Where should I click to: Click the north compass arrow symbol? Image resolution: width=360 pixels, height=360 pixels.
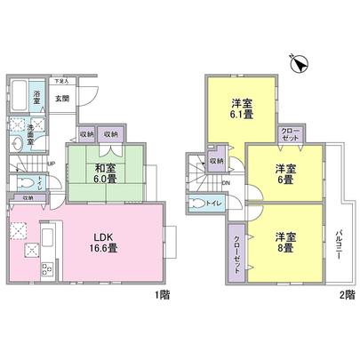click(300, 63)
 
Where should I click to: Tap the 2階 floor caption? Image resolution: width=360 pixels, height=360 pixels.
click(346, 295)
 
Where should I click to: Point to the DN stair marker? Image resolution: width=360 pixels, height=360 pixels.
click(226, 184)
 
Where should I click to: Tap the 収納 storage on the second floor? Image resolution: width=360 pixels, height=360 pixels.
click(217, 161)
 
